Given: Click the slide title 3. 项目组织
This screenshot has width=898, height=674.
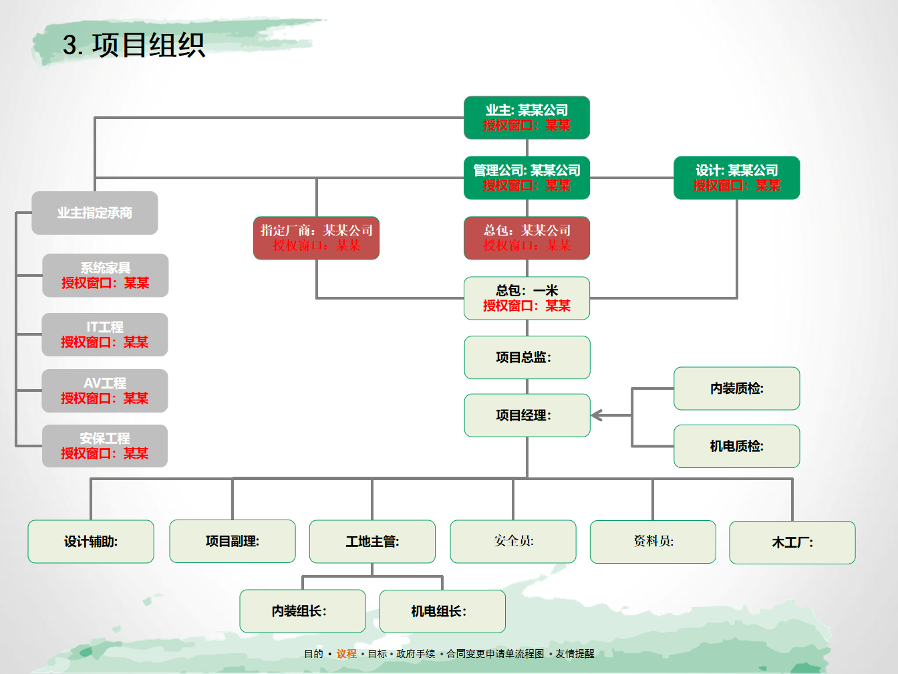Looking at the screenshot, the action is [x=134, y=45].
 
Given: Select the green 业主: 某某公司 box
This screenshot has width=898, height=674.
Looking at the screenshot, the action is [x=527, y=118].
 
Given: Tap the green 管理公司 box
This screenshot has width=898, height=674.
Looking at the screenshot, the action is [x=527, y=178].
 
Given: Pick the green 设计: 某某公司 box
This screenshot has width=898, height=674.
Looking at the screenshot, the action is [x=736, y=178].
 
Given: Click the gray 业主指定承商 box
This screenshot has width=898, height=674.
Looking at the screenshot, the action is [x=94, y=213].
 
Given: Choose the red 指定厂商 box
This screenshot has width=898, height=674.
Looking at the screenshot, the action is [x=316, y=238].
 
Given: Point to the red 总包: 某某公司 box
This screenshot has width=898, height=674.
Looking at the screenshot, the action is [x=527, y=238].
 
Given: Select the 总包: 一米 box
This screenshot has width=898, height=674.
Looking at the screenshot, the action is [x=527, y=298].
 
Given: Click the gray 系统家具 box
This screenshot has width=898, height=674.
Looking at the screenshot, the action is [x=105, y=275].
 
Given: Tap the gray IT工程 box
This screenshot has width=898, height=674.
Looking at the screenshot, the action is [x=105, y=334].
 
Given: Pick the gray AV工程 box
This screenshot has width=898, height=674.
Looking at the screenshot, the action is [x=105, y=390].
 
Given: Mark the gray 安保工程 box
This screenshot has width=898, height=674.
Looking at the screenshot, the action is [x=105, y=445].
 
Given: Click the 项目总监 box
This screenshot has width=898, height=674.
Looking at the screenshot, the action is [x=527, y=357].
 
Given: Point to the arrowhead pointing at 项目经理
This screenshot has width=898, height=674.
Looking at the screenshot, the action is [x=597, y=415].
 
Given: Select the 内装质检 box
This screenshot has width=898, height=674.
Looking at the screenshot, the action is [x=736, y=388].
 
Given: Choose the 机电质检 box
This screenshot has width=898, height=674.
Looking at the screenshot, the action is [x=736, y=446].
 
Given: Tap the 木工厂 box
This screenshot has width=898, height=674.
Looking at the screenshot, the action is [x=792, y=542].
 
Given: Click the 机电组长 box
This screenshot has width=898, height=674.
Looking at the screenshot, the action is [x=442, y=611].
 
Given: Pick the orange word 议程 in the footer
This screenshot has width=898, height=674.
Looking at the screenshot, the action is [x=346, y=653].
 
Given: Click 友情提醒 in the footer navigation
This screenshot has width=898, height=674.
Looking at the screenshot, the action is [x=575, y=653].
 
